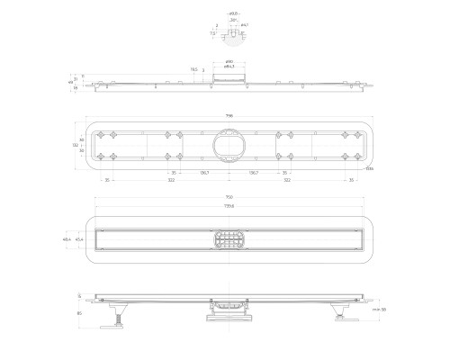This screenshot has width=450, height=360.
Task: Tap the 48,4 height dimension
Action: click(92, 240)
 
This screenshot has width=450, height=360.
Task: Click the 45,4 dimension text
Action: click(105, 240)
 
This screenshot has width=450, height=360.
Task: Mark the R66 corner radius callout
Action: click(369, 168)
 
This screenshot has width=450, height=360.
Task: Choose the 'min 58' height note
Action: click(380, 309)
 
